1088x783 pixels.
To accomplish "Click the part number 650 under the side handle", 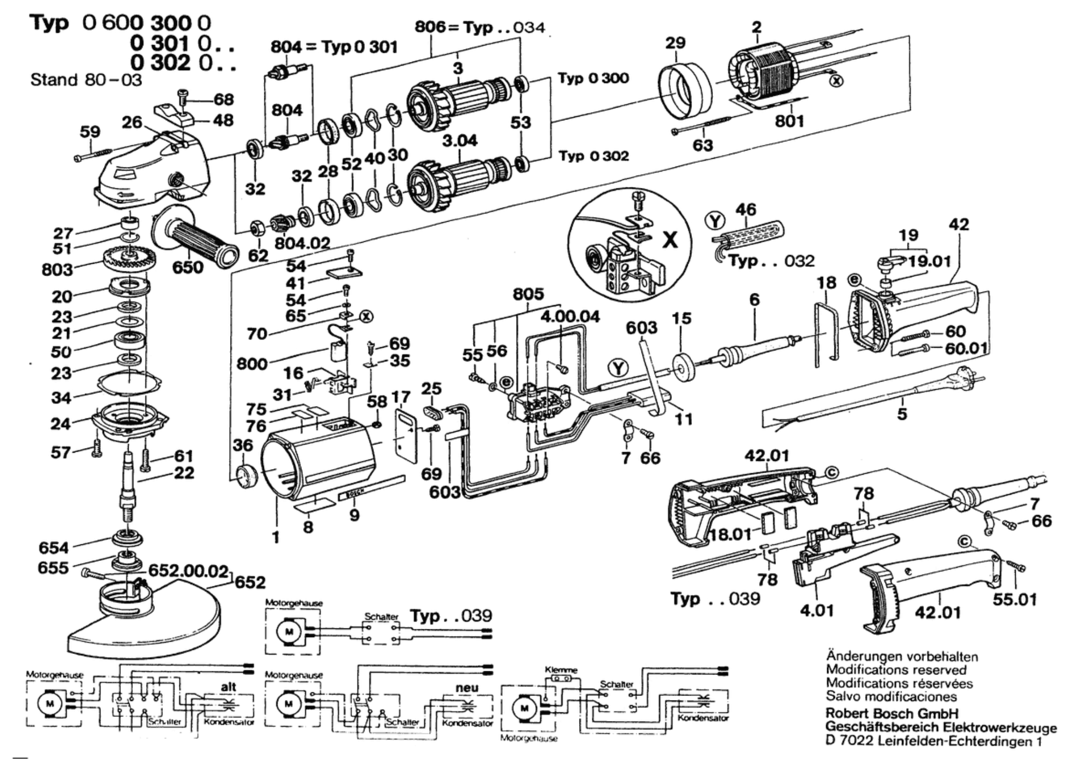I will pyautogui.click(x=188, y=267).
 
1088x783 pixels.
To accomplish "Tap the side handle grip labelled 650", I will pyautogui.click(x=200, y=241).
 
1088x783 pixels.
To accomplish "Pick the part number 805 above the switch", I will pyautogui.click(x=528, y=294).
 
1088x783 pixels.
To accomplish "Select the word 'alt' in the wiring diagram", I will pyautogui.click(x=229, y=687).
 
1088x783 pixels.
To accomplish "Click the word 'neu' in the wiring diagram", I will pyautogui.click(x=467, y=687).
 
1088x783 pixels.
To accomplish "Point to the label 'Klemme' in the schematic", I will pyautogui.click(x=561, y=670).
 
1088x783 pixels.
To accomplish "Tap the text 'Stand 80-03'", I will pyautogui.click(x=86, y=80).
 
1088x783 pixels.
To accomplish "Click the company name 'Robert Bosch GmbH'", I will pyautogui.click(x=892, y=713).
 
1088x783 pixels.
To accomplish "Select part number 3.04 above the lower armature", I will pyautogui.click(x=460, y=141).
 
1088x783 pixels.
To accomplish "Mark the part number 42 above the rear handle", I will pyautogui.click(x=958, y=225).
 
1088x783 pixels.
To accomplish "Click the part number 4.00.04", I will pyautogui.click(x=569, y=317).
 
